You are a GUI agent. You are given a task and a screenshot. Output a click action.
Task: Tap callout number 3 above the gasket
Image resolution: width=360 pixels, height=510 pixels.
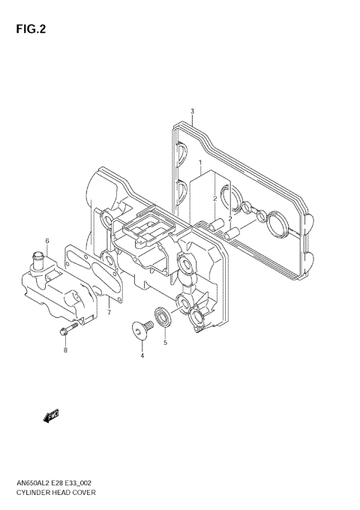[x=192, y=111]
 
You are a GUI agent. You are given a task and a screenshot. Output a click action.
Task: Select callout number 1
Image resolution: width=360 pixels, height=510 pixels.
[x=200, y=163]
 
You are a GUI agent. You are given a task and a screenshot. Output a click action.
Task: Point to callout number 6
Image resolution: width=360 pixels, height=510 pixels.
[x=46, y=241]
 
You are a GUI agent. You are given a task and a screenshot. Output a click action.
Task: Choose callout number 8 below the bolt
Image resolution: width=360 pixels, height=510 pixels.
[x=65, y=350]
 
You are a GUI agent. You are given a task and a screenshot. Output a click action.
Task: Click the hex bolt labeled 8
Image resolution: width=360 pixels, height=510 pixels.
[x=65, y=331]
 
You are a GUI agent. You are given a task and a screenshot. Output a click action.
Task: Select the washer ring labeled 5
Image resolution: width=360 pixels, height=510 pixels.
[x=163, y=314]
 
